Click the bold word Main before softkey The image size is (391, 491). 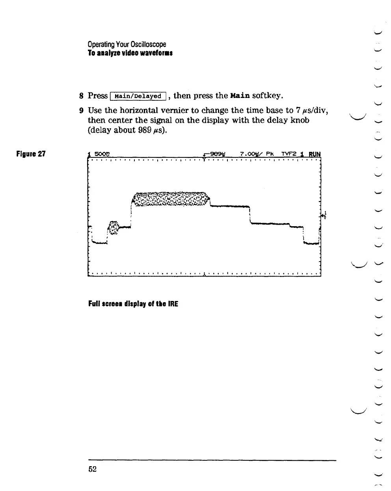pos(241,96)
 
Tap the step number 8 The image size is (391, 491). pos(82,96)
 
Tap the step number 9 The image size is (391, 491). pos(82,111)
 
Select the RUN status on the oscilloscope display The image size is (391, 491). pos(315,154)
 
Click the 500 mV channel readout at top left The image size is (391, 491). pos(101,154)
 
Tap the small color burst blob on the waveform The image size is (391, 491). pos(114,227)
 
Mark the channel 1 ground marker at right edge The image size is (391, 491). pos(324,215)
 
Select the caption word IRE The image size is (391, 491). pos(173,304)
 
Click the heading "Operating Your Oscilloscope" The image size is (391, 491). pos(127,44)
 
